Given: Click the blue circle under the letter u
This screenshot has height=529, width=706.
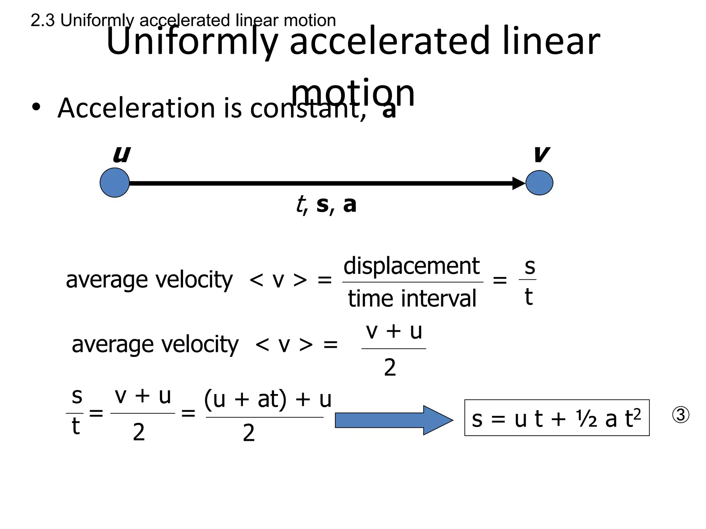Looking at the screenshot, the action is (114, 183).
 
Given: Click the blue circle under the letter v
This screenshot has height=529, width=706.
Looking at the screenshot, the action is (539, 183).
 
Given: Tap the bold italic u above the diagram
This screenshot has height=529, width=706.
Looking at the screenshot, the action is (122, 154).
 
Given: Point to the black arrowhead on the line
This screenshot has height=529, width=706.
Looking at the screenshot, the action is (518, 183).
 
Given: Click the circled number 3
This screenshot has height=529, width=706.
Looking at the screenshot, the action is (680, 415).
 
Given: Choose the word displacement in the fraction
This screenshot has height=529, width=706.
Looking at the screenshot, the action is (412, 266).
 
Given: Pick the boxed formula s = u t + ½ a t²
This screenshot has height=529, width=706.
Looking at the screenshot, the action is (556, 418).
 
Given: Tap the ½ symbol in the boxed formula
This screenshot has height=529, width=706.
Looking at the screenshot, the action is (587, 419).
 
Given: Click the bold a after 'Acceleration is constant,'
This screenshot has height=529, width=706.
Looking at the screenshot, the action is (389, 110).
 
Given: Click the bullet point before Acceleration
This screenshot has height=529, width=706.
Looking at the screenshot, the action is (36, 107).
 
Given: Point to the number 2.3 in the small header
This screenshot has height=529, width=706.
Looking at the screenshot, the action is (42, 21).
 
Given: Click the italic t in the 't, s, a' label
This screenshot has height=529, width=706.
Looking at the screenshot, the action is (301, 205).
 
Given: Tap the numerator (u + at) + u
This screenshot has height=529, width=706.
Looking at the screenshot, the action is (268, 399).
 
